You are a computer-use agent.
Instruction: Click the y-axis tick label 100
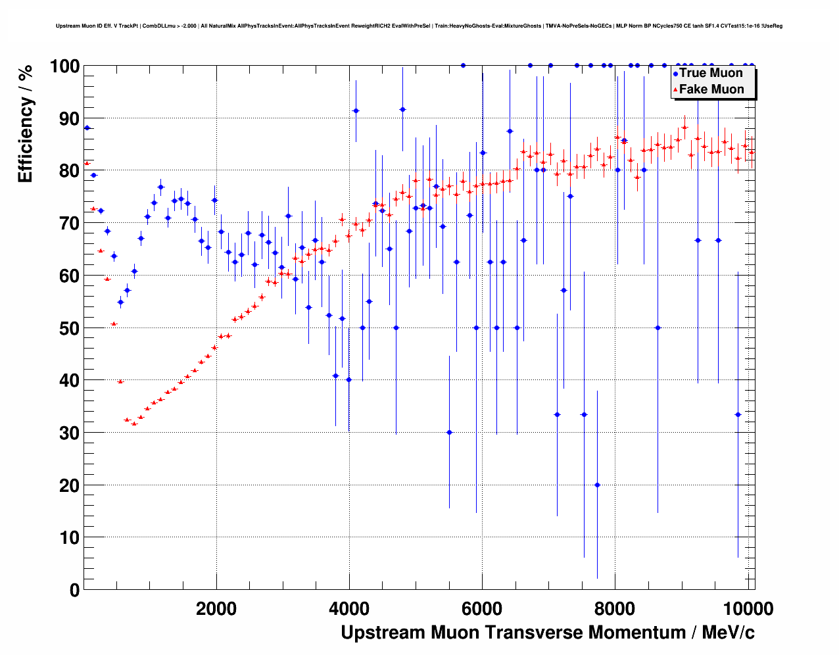click(x=64, y=66)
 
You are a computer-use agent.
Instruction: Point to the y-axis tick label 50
click(x=69, y=328)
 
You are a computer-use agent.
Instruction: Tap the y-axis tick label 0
click(x=74, y=590)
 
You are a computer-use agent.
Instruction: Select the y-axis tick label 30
click(x=69, y=433)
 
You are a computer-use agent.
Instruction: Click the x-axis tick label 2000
click(x=216, y=608)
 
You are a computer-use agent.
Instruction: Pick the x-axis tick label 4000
click(x=349, y=608)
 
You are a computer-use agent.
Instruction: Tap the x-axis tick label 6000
click(x=482, y=608)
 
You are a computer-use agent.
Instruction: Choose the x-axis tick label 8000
click(x=615, y=608)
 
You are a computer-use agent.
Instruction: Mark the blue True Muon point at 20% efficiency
click(x=597, y=485)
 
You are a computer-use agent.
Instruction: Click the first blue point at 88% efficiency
click(x=87, y=128)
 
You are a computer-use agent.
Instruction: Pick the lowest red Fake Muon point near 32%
click(x=134, y=424)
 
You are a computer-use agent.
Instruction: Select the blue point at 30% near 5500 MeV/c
click(x=449, y=432)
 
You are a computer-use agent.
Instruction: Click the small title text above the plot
click(x=419, y=26)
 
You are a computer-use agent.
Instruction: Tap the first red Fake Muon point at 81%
click(x=87, y=163)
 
